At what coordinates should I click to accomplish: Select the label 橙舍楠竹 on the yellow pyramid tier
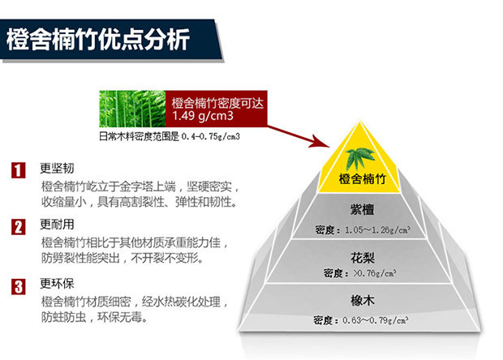(x=357, y=178)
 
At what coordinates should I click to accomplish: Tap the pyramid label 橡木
(x=357, y=298)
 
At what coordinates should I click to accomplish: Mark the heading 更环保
(x=57, y=285)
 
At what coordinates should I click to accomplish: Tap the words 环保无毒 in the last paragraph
(x=127, y=317)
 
